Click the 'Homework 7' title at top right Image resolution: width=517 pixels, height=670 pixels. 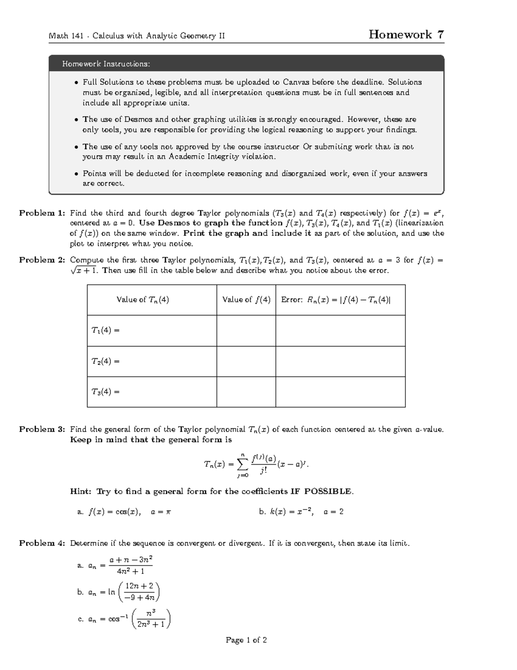pos(406,35)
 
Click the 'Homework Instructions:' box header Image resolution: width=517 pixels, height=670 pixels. pos(106,64)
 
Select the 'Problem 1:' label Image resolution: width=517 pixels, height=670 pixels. pos(42,213)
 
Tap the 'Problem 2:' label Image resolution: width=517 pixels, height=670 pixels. pos(42,260)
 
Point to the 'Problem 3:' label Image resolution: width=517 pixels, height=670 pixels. pos(42,429)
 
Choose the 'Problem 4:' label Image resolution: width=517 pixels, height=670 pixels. pos(42,543)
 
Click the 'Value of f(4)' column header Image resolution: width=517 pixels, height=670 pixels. pos(246,300)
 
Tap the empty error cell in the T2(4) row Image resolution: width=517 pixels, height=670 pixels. pos(340,361)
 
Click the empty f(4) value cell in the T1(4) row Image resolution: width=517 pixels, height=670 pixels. pos(246,330)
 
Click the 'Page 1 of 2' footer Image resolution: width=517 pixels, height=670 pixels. pos(246,640)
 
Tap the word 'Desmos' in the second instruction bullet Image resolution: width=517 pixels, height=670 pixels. pos(139,120)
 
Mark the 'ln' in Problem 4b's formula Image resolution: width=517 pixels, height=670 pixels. pos(112,592)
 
